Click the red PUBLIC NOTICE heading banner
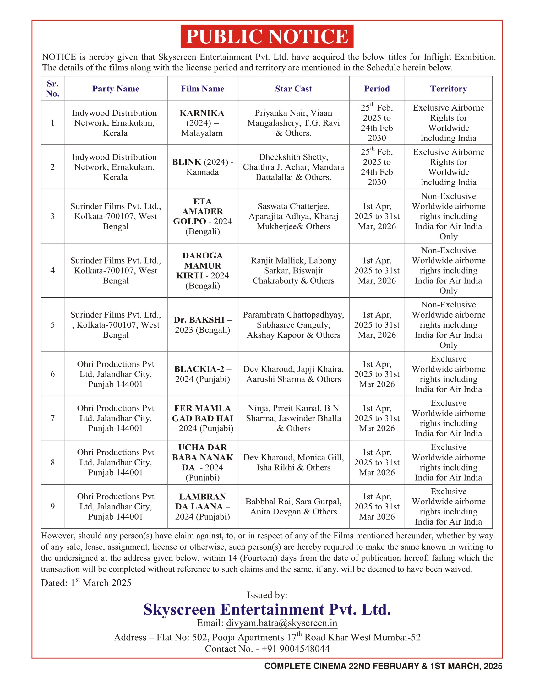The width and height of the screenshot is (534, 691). tap(267, 36)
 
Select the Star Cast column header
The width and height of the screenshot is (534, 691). tap(293, 89)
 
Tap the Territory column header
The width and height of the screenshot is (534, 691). tap(448, 89)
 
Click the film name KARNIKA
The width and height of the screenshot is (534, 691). tap(202, 113)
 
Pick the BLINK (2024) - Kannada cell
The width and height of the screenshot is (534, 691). tap(203, 167)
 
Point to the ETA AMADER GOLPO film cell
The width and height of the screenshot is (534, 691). tap(203, 216)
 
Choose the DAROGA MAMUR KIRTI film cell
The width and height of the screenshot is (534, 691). tap(203, 270)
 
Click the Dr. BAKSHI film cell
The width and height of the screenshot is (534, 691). tap(203, 325)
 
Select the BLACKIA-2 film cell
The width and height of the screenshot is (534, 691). tap(203, 374)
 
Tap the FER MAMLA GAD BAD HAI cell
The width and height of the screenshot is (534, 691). tap(203, 418)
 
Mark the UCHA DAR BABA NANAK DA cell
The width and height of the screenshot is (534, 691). tap(203, 462)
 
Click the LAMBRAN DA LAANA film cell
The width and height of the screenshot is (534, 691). tap(203, 506)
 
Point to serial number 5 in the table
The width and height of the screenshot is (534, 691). tap(52, 325)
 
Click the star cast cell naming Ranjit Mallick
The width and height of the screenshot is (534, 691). tap(293, 270)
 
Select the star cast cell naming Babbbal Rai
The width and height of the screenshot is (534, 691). tap(293, 506)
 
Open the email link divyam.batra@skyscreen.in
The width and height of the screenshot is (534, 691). tap(281, 623)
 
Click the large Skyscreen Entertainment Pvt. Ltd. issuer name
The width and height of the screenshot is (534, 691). tap(267, 609)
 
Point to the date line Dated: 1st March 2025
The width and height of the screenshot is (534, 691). tap(86, 583)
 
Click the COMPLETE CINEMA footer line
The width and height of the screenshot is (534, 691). tap(383, 666)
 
